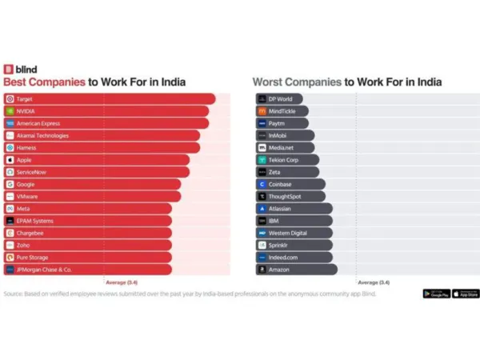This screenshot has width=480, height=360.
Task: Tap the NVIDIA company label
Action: (x=26, y=111)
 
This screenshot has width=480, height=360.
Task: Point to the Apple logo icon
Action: (x=9, y=160)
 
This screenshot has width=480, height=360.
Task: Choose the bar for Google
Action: (x=96, y=184)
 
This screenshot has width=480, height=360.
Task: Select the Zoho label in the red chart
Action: (x=22, y=245)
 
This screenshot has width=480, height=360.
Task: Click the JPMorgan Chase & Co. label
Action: (x=44, y=270)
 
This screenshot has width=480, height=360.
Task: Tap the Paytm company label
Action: (x=278, y=123)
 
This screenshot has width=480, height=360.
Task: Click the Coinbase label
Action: (x=282, y=184)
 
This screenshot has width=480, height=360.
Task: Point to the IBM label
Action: (x=274, y=220)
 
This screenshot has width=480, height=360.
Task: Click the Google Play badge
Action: (x=435, y=294)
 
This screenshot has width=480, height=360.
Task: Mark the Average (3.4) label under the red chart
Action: (x=122, y=282)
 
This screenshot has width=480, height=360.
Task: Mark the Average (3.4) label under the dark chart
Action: (x=374, y=282)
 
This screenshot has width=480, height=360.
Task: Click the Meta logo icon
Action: (x=9, y=208)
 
